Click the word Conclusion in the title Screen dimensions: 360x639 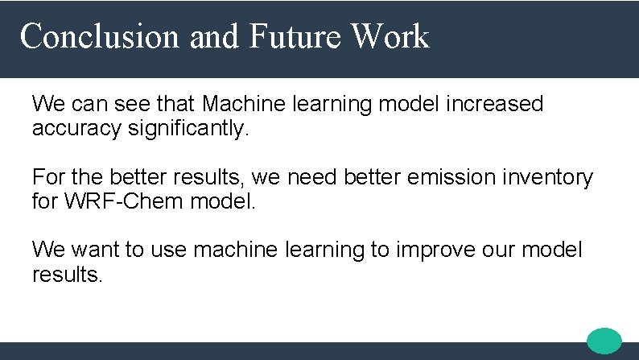pos(101,37)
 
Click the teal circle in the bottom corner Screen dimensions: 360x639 pos(604,341)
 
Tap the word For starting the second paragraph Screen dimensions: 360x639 pos(46,176)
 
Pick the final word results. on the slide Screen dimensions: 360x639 pos(68,275)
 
